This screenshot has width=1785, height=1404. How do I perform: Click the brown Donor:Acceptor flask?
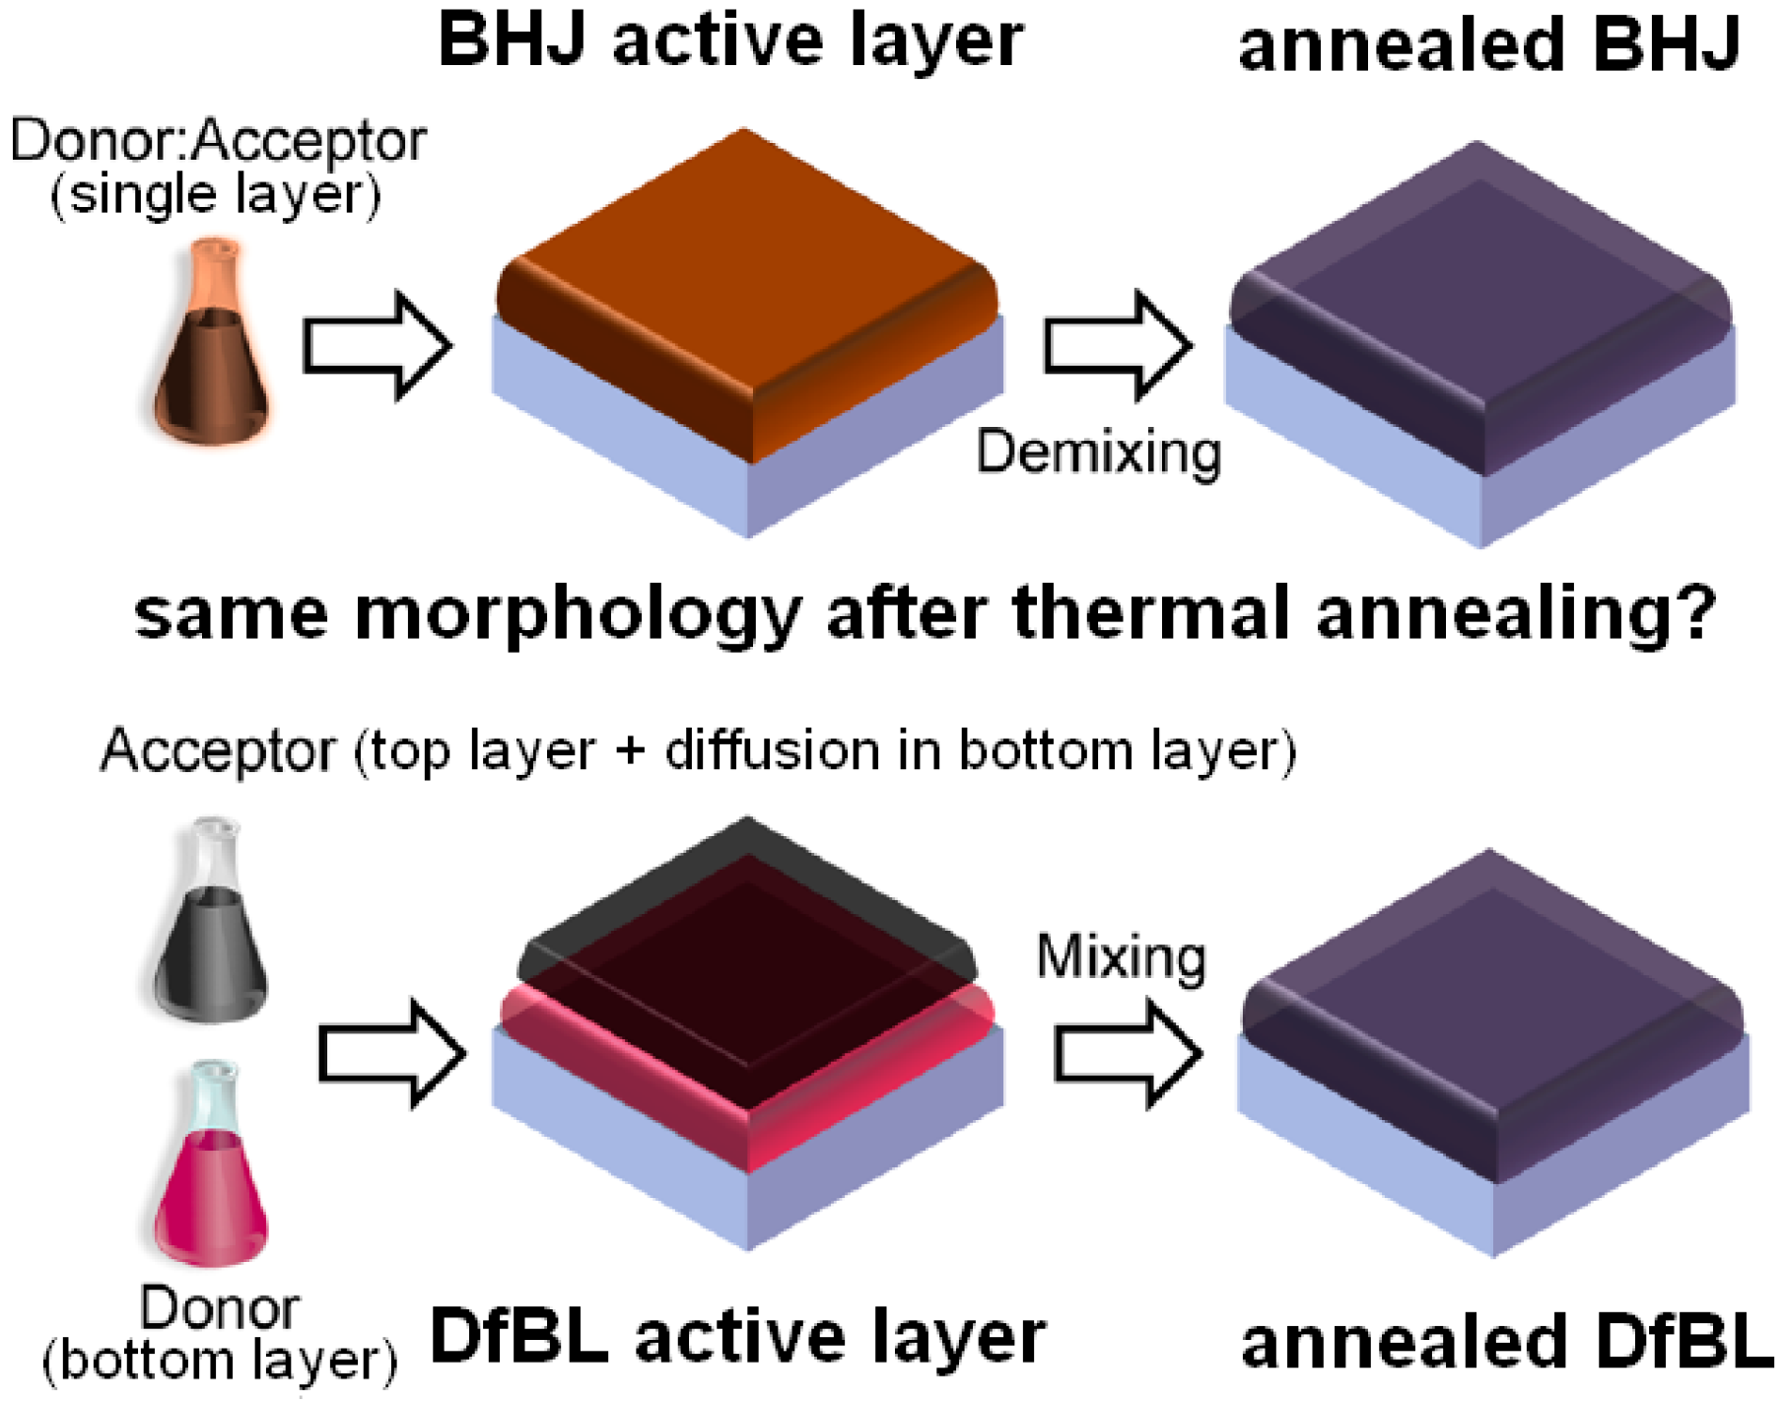[211, 355]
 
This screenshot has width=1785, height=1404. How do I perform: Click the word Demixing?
[1098, 454]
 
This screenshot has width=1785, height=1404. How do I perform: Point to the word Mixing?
[1121, 957]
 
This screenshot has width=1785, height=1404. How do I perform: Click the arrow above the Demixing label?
[1117, 345]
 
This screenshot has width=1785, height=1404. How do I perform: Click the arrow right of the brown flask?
[376, 345]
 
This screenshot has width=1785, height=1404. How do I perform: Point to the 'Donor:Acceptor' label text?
[218, 141]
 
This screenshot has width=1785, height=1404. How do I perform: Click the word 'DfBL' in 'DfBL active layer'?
[518, 1338]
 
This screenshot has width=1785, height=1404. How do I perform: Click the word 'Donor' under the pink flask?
[219, 1309]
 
